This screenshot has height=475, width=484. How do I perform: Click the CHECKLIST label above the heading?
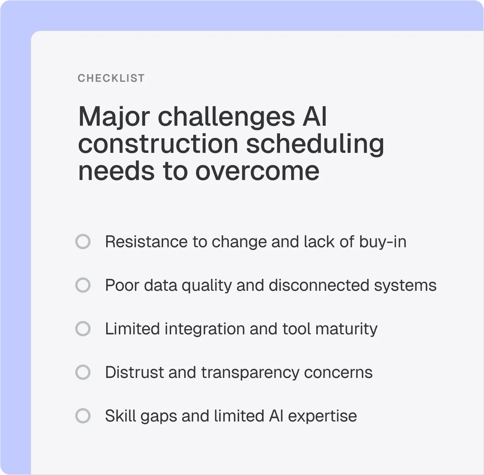pos(111,78)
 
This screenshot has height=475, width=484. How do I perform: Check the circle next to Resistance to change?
pos(83,242)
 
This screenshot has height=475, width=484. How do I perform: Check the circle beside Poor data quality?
pos(83,285)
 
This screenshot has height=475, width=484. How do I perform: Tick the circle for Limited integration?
pos(83,329)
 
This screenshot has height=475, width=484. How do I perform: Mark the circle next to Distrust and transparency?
pos(83,373)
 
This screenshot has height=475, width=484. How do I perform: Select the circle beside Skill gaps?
pos(83,416)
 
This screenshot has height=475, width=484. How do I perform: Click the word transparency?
pos(250,373)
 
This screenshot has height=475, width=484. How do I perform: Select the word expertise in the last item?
pos(322,416)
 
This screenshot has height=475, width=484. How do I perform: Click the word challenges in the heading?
pos(226,117)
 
